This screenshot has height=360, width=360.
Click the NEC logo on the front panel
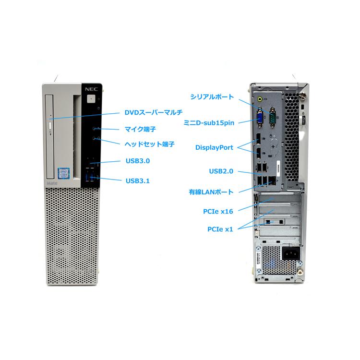click(x=91, y=89)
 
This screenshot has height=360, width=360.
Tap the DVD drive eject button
click(x=51, y=126)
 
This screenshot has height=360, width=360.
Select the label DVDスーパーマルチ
click(x=154, y=112)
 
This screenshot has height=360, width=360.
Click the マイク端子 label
click(x=140, y=129)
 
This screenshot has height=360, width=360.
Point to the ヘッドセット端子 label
click(x=149, y=144)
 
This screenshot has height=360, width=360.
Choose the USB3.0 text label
click(x=138, y=161)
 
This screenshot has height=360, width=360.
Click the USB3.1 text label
click(x=138, y=180)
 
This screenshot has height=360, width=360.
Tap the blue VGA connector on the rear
click(x=260, y=118)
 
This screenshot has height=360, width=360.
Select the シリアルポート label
click(x=212, y=96)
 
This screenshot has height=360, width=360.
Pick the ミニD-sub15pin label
click(x=209, y=123)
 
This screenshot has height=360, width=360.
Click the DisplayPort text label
click(x=214, y=147)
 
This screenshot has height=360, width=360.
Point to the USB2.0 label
click(x=221, y=171)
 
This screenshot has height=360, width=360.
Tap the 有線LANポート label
click(x=211, y=192)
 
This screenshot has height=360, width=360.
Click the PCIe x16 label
click(x=218, y=211)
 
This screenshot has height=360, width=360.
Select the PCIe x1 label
click(x=220, y=229)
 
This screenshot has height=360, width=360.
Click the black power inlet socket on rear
click(x=291, y=253)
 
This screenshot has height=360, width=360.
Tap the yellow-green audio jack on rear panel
click(x=260, y=99)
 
